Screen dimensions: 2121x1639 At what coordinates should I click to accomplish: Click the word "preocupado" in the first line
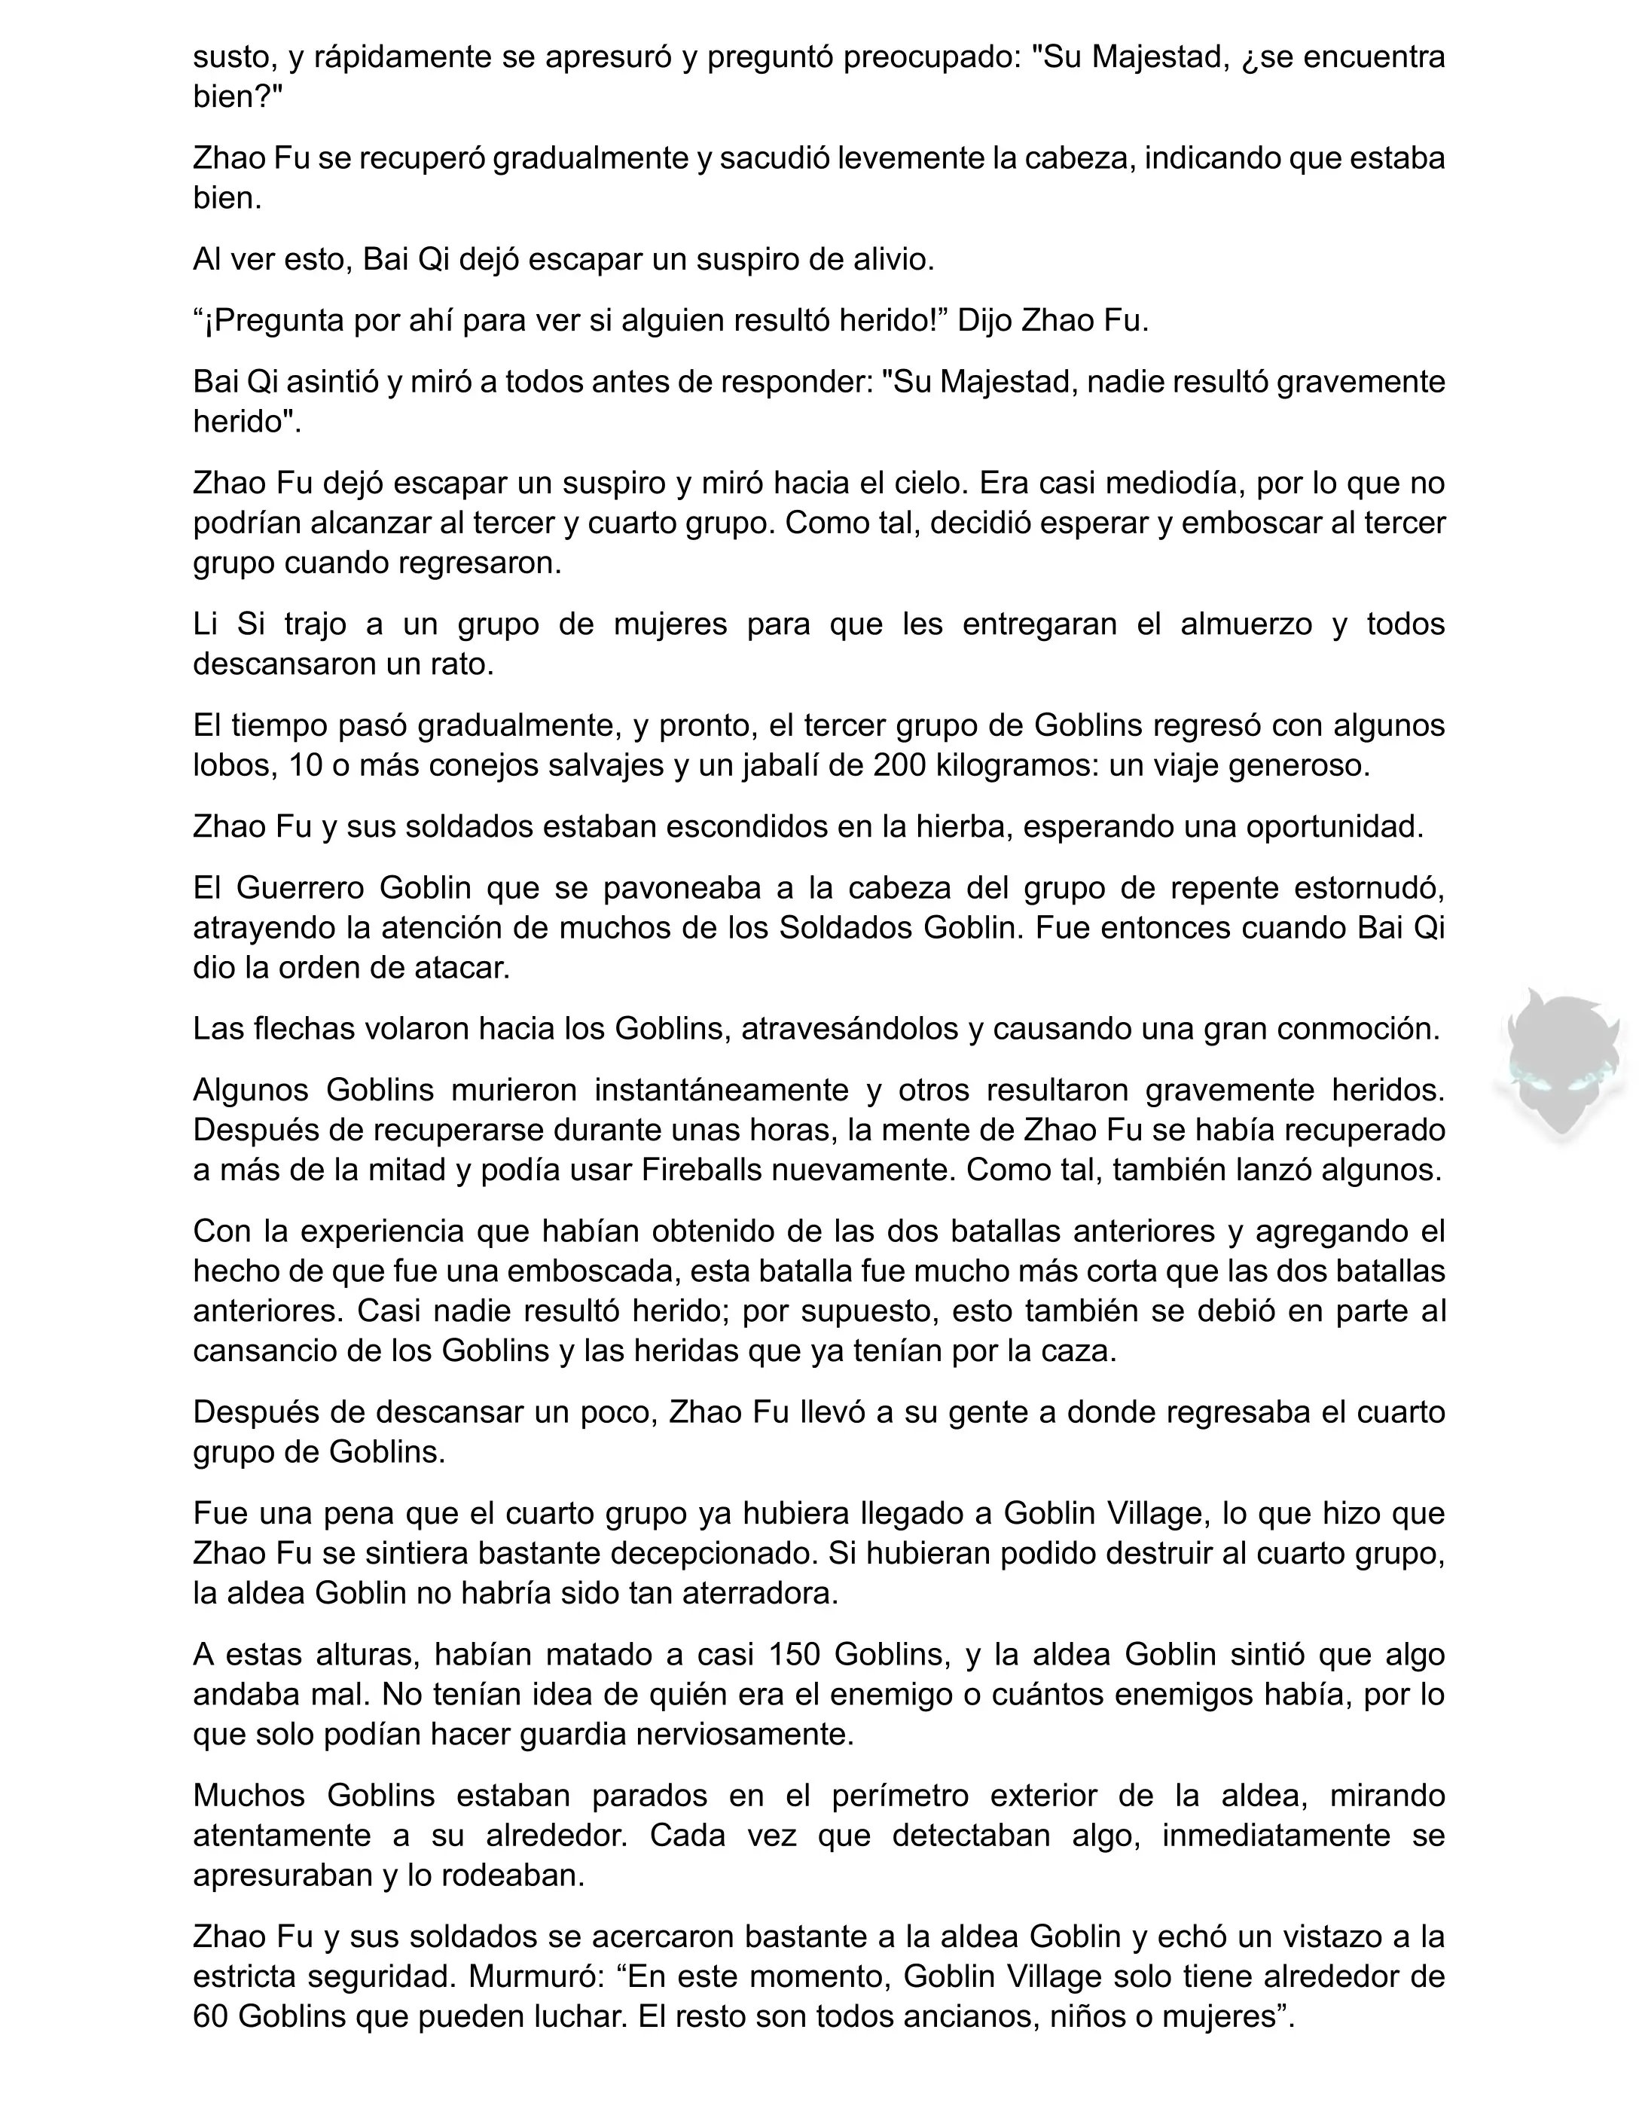pos(929,57)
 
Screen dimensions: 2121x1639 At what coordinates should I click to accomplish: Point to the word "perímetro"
pos(900,1796)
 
